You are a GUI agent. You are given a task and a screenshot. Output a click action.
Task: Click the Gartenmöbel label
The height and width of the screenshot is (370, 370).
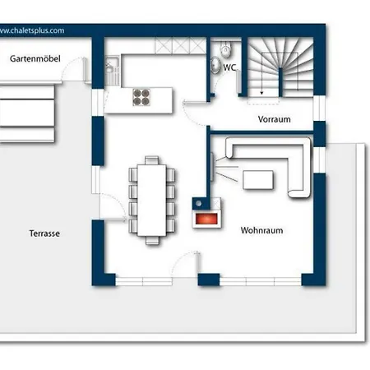click(35, 58)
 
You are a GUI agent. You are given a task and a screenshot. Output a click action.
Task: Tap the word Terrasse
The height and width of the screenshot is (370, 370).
click(44, 234)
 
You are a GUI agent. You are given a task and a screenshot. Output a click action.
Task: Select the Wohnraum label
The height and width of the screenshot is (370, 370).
click(261, 230)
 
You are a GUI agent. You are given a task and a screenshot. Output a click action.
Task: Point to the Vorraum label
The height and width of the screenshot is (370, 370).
click(274, 119)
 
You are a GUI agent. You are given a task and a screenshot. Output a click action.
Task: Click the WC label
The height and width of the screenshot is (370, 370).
click(229, 67)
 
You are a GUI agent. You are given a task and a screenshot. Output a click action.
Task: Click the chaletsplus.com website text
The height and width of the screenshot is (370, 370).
click(32, 30)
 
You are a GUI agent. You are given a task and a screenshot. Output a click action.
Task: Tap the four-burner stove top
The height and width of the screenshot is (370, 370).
click(141, 97)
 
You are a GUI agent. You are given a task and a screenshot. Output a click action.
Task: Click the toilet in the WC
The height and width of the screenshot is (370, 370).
click(226, 49)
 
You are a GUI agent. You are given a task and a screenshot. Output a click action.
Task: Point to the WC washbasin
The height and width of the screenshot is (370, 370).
click(215, 65)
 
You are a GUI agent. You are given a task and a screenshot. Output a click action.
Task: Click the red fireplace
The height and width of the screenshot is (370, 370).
click(206, 219)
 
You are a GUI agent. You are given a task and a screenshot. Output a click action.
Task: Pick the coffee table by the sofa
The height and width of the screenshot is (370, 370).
click(258, 180)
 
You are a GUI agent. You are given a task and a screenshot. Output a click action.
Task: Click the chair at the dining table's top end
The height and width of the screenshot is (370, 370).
click(152, 160)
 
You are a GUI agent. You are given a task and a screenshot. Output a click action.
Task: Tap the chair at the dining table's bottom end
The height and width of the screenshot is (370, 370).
click(152, 240)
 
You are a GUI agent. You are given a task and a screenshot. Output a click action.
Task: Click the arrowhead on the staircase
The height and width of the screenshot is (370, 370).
click(261, 93)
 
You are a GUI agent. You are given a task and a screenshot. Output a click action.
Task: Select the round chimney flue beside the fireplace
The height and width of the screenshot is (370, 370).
click(199, 203)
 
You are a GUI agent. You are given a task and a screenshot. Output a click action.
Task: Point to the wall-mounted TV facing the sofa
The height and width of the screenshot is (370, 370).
click(212, 167)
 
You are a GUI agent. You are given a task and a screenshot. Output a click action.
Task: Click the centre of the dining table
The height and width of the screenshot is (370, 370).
click(152, 200)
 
